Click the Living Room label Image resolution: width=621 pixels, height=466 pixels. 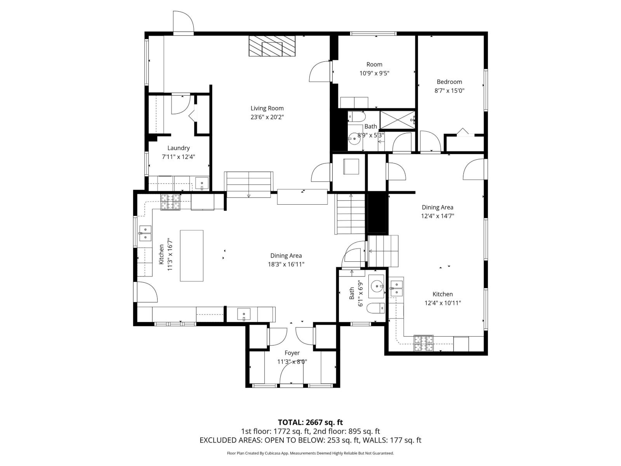point(267,108)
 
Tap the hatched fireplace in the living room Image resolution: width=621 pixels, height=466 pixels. point(272,46)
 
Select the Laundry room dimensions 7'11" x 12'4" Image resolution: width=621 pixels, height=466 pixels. point(178,157)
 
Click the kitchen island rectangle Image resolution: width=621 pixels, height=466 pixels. point(191,256)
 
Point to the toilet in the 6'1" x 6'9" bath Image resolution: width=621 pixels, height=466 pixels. point(376,308)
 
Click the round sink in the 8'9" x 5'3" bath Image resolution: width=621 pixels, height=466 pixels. point(354,138)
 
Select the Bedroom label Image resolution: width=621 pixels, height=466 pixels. point(449,82)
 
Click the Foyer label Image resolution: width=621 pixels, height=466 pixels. point(292,353)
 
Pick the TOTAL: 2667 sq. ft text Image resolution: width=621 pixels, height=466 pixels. point(310,422)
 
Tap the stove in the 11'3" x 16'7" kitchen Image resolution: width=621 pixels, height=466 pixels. point(171,202)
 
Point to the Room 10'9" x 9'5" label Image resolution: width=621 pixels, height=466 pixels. point(374,69)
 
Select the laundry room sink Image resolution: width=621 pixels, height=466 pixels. point(201,183)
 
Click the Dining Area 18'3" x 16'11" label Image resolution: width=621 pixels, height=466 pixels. point(286,260)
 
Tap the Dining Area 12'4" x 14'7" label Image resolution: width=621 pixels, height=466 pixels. point(437,212)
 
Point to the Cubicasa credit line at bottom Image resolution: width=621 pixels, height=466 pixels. point(310,453)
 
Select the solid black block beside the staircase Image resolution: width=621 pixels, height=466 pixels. point(378,213)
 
